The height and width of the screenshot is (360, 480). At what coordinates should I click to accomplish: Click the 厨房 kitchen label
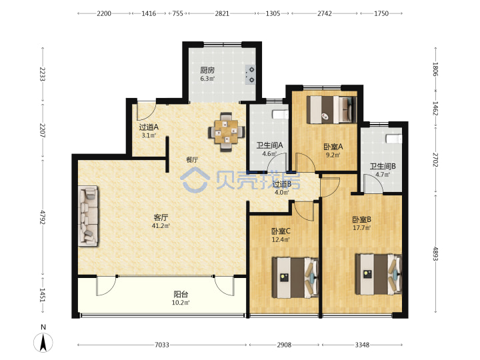coord(207,70)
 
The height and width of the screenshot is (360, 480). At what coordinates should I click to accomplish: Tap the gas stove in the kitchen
coord(251,75)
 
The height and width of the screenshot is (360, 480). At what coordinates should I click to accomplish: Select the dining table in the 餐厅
coord(226,132)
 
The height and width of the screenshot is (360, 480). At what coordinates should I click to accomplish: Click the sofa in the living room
coord(88,216)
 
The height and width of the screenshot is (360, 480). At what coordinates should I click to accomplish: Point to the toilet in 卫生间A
coord(281,114)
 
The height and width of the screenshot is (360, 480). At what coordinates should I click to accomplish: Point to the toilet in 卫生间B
coord(394,139)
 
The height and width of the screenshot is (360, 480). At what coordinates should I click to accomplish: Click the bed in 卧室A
coord(332,109)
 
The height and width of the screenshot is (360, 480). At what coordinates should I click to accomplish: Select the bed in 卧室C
coord(295,277)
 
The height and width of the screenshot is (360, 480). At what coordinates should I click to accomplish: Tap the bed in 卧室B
coord(379,274)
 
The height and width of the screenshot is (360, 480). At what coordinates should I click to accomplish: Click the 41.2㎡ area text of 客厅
coord(161,226)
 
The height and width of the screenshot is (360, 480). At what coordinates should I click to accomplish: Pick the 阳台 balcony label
coord(181,295)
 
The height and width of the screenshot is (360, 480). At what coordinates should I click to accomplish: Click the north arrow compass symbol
coord(43,342)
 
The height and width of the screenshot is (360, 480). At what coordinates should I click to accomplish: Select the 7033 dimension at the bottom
coord(162,345)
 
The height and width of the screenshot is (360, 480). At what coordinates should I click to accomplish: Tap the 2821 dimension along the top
coord(222,13)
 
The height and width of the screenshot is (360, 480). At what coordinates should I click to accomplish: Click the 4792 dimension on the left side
coord(43,217)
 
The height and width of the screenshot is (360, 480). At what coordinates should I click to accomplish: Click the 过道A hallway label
coord(149,127)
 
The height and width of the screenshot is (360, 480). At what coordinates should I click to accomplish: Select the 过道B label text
coord(282,184)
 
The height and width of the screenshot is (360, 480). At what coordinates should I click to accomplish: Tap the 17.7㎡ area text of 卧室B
coord(362,228)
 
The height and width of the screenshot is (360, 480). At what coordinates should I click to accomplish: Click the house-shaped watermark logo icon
coord(195,180)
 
